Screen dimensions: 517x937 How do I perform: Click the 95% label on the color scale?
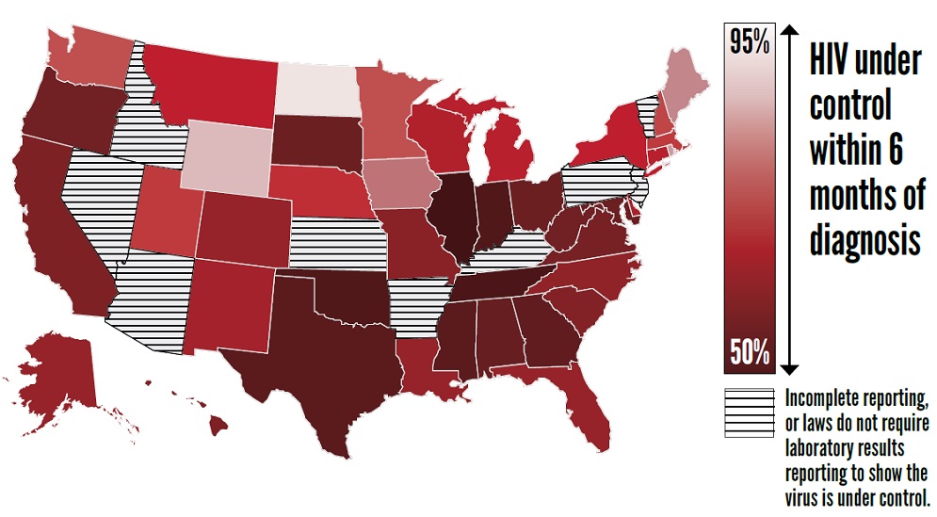(750, 41)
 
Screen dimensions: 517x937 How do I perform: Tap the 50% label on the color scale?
(750, 353)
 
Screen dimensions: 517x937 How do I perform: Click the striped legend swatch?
(749, 413)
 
